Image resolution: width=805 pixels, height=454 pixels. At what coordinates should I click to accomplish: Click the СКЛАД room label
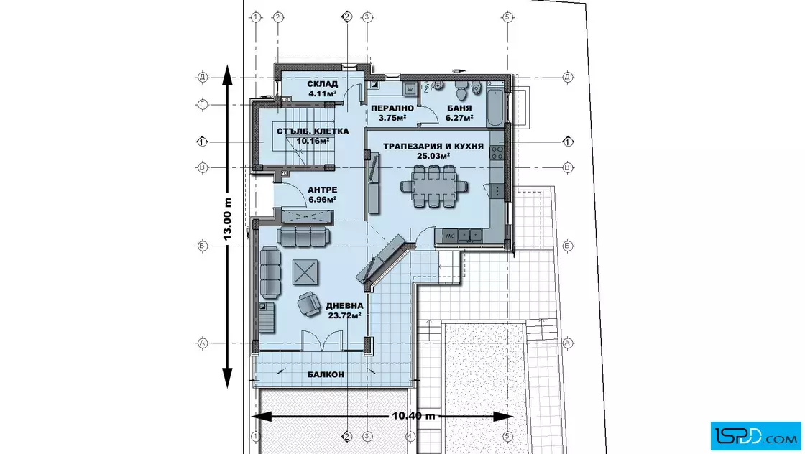pos(323,84)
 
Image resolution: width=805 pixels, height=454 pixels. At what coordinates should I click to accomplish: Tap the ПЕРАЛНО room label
pos(392,108)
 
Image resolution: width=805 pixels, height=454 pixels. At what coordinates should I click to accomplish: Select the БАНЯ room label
pos(459,108)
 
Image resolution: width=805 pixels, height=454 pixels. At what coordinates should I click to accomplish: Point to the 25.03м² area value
pos(433,156)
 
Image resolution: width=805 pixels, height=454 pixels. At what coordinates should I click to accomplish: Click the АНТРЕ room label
pos(323,190)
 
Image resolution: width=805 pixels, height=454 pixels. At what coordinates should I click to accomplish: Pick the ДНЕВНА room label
pos(344,306)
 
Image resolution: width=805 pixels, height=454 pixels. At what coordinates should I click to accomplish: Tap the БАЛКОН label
pos(326,374)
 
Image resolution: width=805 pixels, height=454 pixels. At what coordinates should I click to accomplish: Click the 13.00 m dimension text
pos(227,219)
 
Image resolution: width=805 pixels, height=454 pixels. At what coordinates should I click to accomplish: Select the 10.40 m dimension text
pos(414,415)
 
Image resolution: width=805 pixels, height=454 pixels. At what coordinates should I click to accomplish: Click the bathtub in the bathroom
pos(495,108)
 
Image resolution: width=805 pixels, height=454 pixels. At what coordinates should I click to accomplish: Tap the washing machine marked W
pos(410,89)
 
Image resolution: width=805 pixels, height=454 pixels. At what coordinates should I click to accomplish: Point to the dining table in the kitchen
pos(434,186)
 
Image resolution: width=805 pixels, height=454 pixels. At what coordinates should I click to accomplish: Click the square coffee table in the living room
pos(305,272)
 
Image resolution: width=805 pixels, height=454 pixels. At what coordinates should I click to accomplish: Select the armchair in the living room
pos(309,304)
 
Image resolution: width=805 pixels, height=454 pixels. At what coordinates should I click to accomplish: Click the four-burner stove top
pos(497,152)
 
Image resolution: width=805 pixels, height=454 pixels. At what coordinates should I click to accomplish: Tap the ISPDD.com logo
pos(755,436)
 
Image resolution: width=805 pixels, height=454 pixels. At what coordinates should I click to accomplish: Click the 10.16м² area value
pos(313,141)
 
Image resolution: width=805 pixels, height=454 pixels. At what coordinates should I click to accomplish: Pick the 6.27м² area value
pos(459,118)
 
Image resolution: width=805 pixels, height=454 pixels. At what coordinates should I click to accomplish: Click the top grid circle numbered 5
pos(507,17)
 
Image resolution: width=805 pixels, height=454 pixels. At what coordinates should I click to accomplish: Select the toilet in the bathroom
pos(461,91)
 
